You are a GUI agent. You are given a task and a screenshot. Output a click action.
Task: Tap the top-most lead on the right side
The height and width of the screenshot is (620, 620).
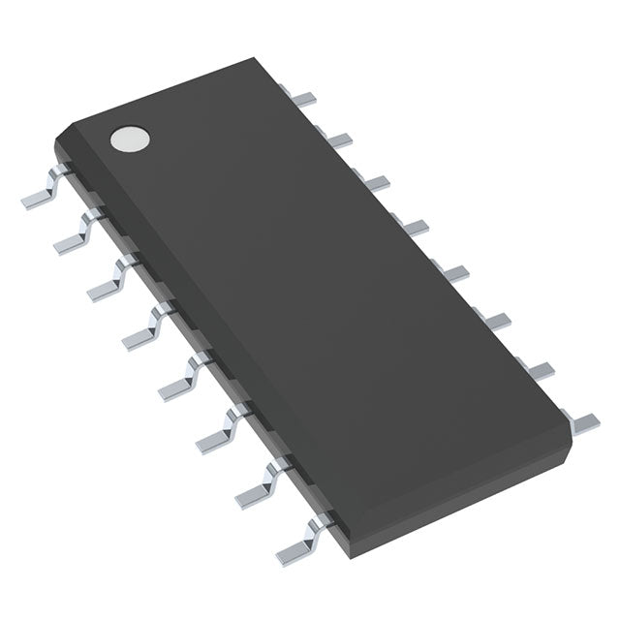click(306, 98)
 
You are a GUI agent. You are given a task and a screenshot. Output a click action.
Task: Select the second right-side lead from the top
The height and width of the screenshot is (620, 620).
click(338, 140)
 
